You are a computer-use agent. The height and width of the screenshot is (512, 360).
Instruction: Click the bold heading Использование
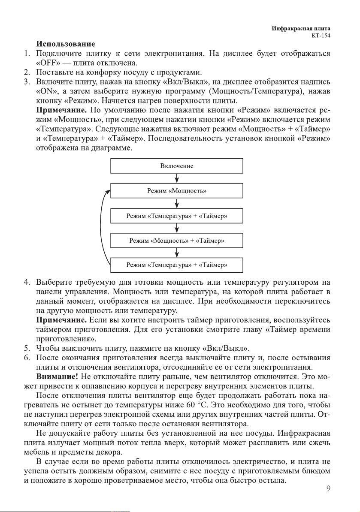(66, 44)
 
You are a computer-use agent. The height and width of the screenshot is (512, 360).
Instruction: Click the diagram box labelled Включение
(177, 166)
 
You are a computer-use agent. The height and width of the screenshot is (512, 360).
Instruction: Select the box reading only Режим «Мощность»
(177, 191)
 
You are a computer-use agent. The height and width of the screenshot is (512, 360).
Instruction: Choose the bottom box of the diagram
(177, 265)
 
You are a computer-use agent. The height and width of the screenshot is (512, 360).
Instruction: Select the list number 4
(27, 283)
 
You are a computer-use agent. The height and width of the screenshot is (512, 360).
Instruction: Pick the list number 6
(27, 358)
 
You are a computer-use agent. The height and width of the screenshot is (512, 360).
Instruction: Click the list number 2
(27, 72)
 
